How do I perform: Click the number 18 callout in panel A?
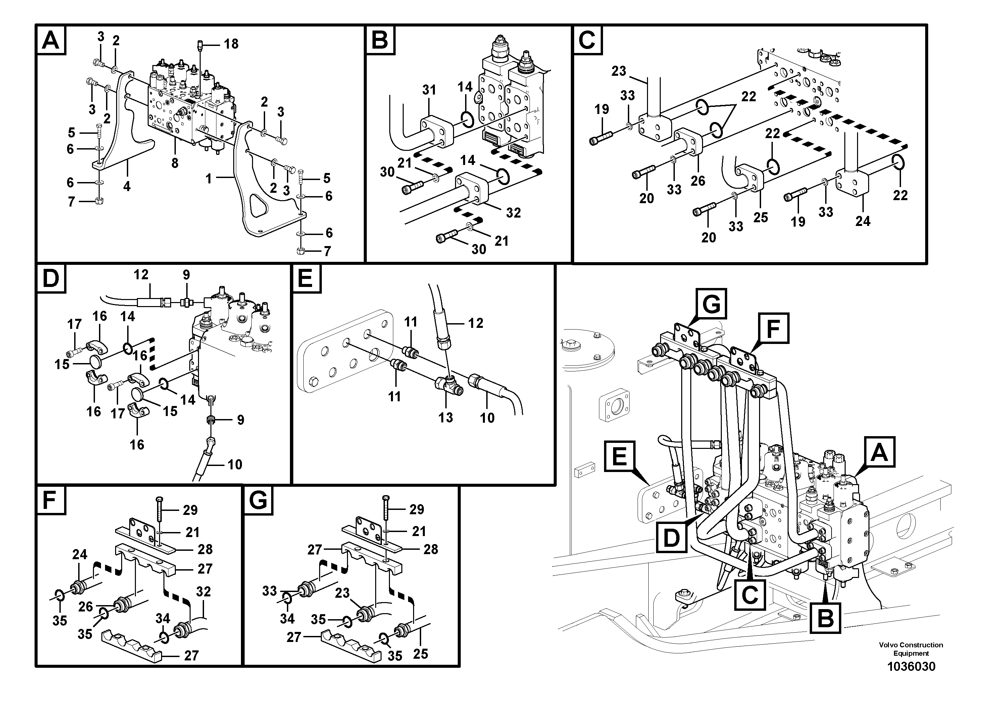click(x=231, y=44)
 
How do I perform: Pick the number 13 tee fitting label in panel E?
click(x=446, y=417)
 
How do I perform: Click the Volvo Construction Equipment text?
click(x=911, y=649)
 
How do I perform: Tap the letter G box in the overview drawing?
click(x=711, y=304)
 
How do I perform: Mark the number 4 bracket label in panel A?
click(x=127, y=186)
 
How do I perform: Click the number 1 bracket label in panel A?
click(x=209, y=179)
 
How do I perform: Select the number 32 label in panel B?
click(x=513, y=213)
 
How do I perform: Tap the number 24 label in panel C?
click(x=863, y=221)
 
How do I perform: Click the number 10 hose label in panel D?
click(x=235, y=465)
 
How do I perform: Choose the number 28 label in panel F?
click(x=205, y=549)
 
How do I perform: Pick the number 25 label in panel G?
click(x=420, y=653)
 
